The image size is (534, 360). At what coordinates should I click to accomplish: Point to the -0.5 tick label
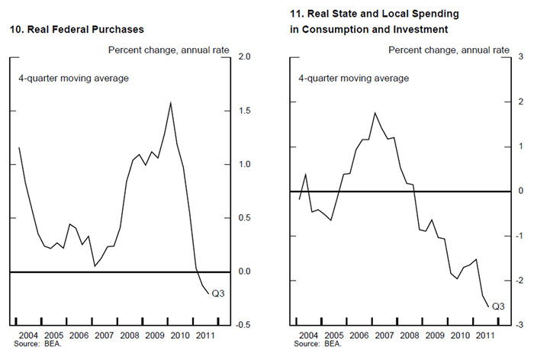244,325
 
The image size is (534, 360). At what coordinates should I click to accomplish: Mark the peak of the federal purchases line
170,102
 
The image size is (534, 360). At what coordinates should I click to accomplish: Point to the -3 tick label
520,325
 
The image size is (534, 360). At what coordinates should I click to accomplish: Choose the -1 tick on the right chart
520,236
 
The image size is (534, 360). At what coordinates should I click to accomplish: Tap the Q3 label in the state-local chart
498,307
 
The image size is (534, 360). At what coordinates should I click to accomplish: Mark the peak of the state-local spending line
375,113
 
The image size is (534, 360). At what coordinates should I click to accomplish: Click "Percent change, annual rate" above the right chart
449,50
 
